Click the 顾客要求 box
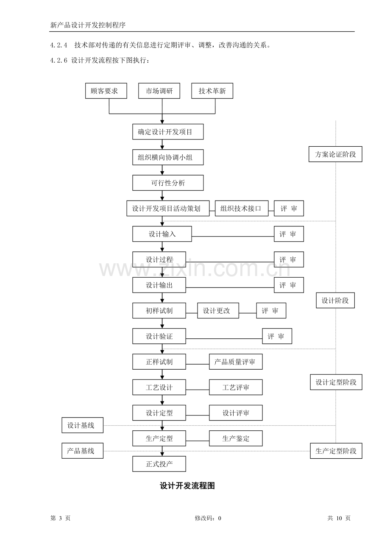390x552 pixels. click(106, 91)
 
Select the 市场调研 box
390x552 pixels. click(159, 91)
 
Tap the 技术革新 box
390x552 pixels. click(212, 91)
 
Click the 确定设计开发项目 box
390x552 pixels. click(168, 131)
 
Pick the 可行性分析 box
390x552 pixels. click(168, 183)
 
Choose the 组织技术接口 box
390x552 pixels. click(242, 208)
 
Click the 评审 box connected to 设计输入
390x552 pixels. click(289, 234)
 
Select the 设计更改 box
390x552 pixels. click(218, 310)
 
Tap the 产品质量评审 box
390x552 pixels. click(236, 362)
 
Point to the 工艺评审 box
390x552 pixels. click(236, 387)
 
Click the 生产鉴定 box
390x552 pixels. click(236, 438)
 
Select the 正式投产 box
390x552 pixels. click(159, 464)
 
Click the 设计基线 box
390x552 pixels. click(82, 425)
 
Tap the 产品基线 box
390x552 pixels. click(82, 451)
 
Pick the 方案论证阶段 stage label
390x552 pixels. click(335, 154)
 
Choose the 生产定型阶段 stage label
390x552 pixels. click(336, 451)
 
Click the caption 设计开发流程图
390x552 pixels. click(187, 486)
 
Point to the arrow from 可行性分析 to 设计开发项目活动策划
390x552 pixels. click(162, 195)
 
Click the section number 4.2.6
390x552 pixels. click(58, 60)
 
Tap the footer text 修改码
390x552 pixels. click(204, 518)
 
